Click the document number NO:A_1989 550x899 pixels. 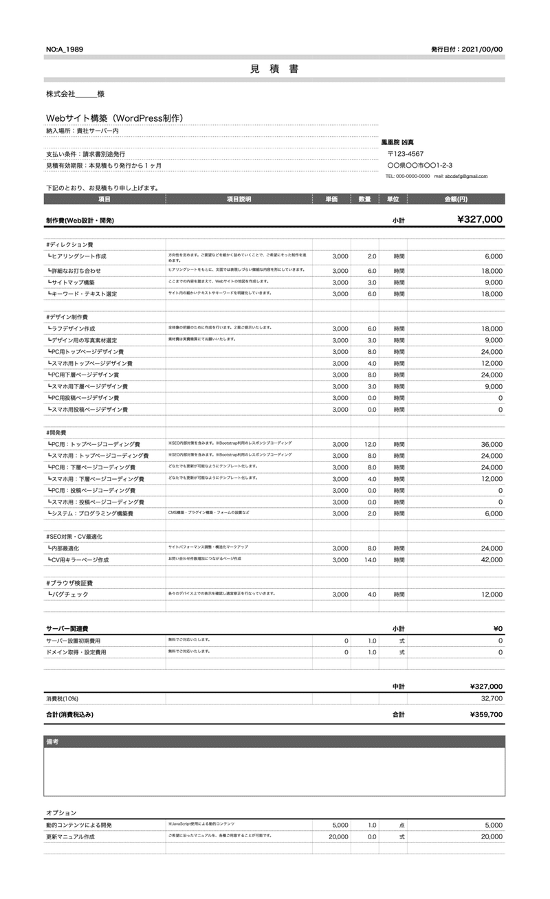point(65,49)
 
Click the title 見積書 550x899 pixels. point(274,69)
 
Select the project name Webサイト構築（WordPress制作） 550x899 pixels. point(114,118)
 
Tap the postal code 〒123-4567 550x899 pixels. point(406,154)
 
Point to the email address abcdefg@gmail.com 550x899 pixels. point(465,176)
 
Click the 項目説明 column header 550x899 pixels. point(239,199)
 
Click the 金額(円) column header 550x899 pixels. point(456,199)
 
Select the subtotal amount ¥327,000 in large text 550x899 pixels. point(479,220)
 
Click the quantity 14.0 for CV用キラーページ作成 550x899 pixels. point(370,560)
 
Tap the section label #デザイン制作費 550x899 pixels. point(67,317)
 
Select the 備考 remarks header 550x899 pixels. point(53,742)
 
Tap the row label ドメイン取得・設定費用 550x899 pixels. point(76,652)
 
